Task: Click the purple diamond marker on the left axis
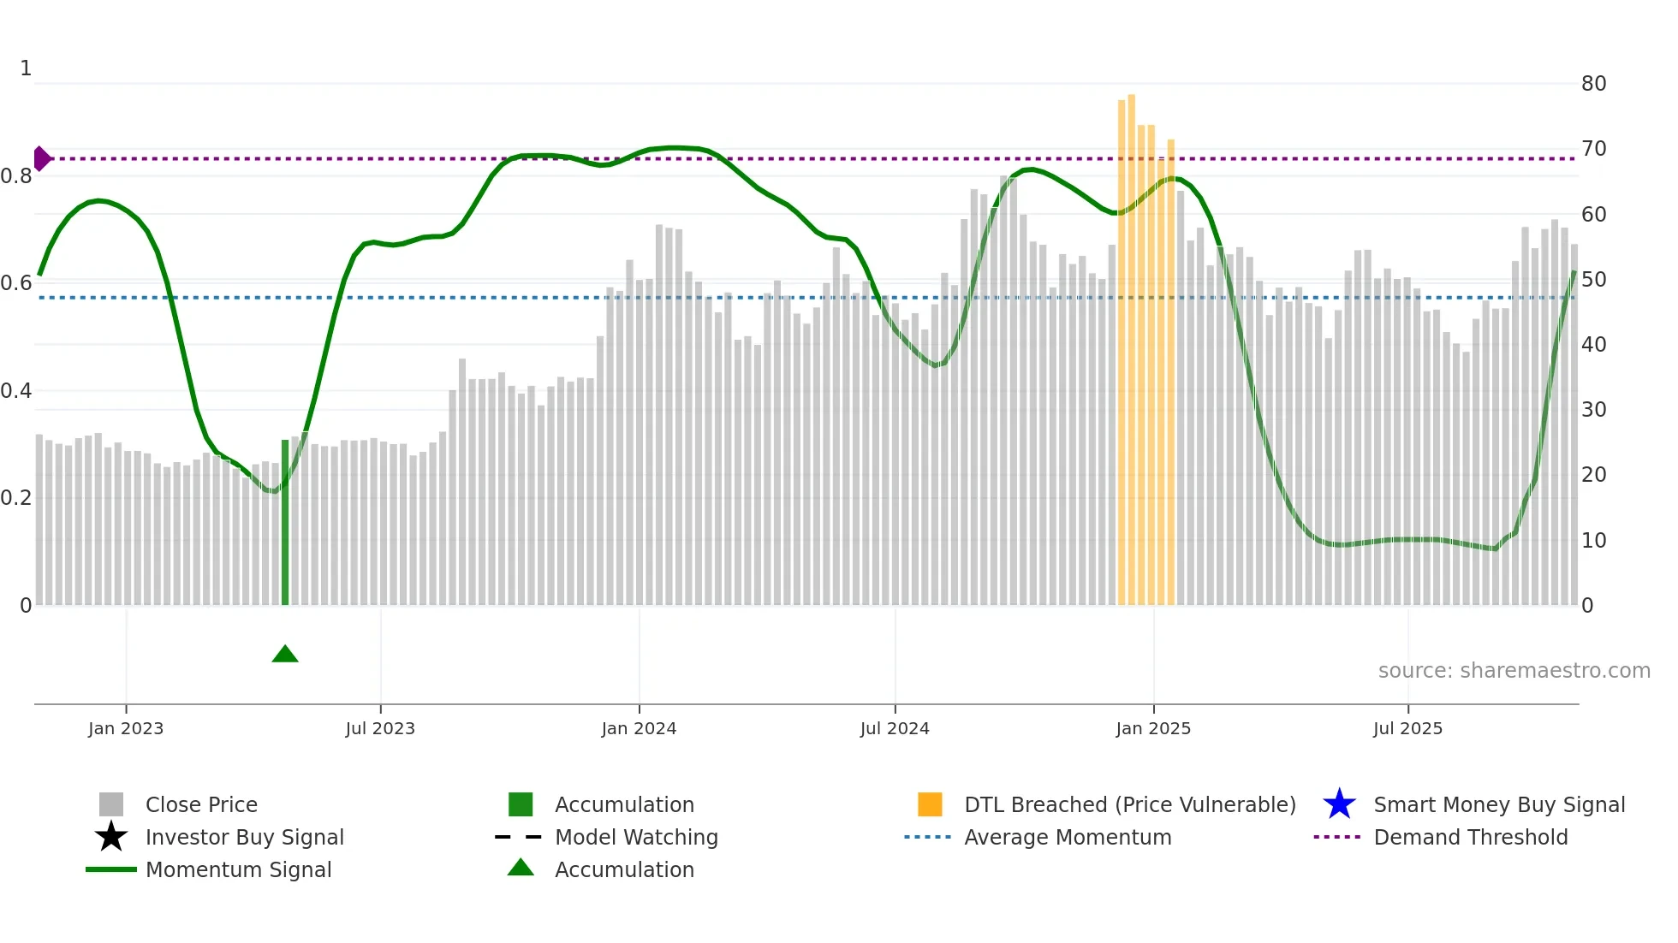pyautogui.click(x=41, y=158)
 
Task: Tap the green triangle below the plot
pyautogui.click(x=285, y=655)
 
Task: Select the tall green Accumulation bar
pyautogui.click(x=285, y=522)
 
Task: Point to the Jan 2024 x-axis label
pyautogui.click(x=639, y=728)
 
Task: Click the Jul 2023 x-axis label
pyautogui.click(x=380, y=728)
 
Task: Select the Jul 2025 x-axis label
pyautogui.click(x=1407, y=728)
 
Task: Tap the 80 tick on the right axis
pyautogui.click(x=1593, y=84)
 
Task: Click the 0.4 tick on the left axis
pyautogui.click(x=16, y=391)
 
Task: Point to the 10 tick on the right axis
pyautogui.click(x=1593, y=541)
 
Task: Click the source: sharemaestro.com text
pyautogui.click(x=1514, y=671)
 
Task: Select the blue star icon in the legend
pyautogui.click(x=1339, y=804)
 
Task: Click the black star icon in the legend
pyautogui.click(x=111, y=837)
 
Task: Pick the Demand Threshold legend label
pyautogui.click(x=1470, y=837)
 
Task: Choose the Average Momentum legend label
pyautogui.click(x=1067, y=837)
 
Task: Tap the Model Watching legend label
pyautogui.click(x=636, y=837)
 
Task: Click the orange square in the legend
pyautogui.click(x=930, y=804)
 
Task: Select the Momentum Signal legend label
pyautogui.click(x=238, y=869)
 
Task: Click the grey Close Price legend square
pyautogui.click(x=111, y=804)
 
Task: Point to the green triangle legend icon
pyautogui.click(x=521, y=868)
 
